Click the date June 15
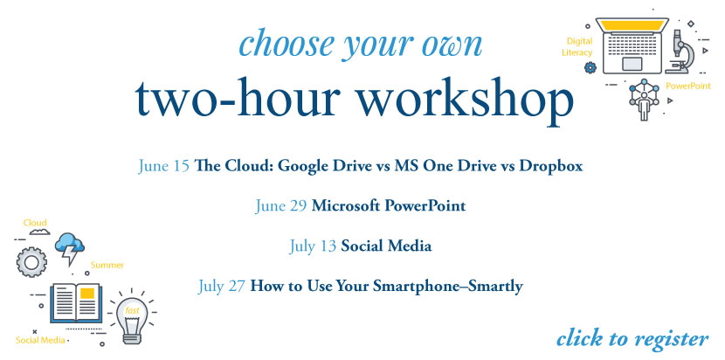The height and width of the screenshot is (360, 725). tap(163, 166)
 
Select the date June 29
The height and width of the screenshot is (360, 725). tap(281, 206)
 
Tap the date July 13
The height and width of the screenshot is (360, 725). tap(313, 246)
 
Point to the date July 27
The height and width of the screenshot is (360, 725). tap(222, 286)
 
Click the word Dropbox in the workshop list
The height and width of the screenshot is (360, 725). tap(550, 166)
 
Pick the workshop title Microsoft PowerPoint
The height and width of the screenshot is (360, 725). tap(389, 206)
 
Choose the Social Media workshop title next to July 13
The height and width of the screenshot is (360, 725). tap(386, 246)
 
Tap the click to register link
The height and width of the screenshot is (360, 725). tap(632, 339)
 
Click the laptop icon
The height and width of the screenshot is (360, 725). tap(632, 45)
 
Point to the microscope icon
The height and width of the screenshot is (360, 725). tap(680, 52)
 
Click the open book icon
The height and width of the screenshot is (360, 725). tap(76, 302)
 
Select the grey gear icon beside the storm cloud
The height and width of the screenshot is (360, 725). tap(32, 262)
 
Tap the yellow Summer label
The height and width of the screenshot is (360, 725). tap(107, 265)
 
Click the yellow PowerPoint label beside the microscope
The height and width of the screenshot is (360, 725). tap(688, 86)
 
